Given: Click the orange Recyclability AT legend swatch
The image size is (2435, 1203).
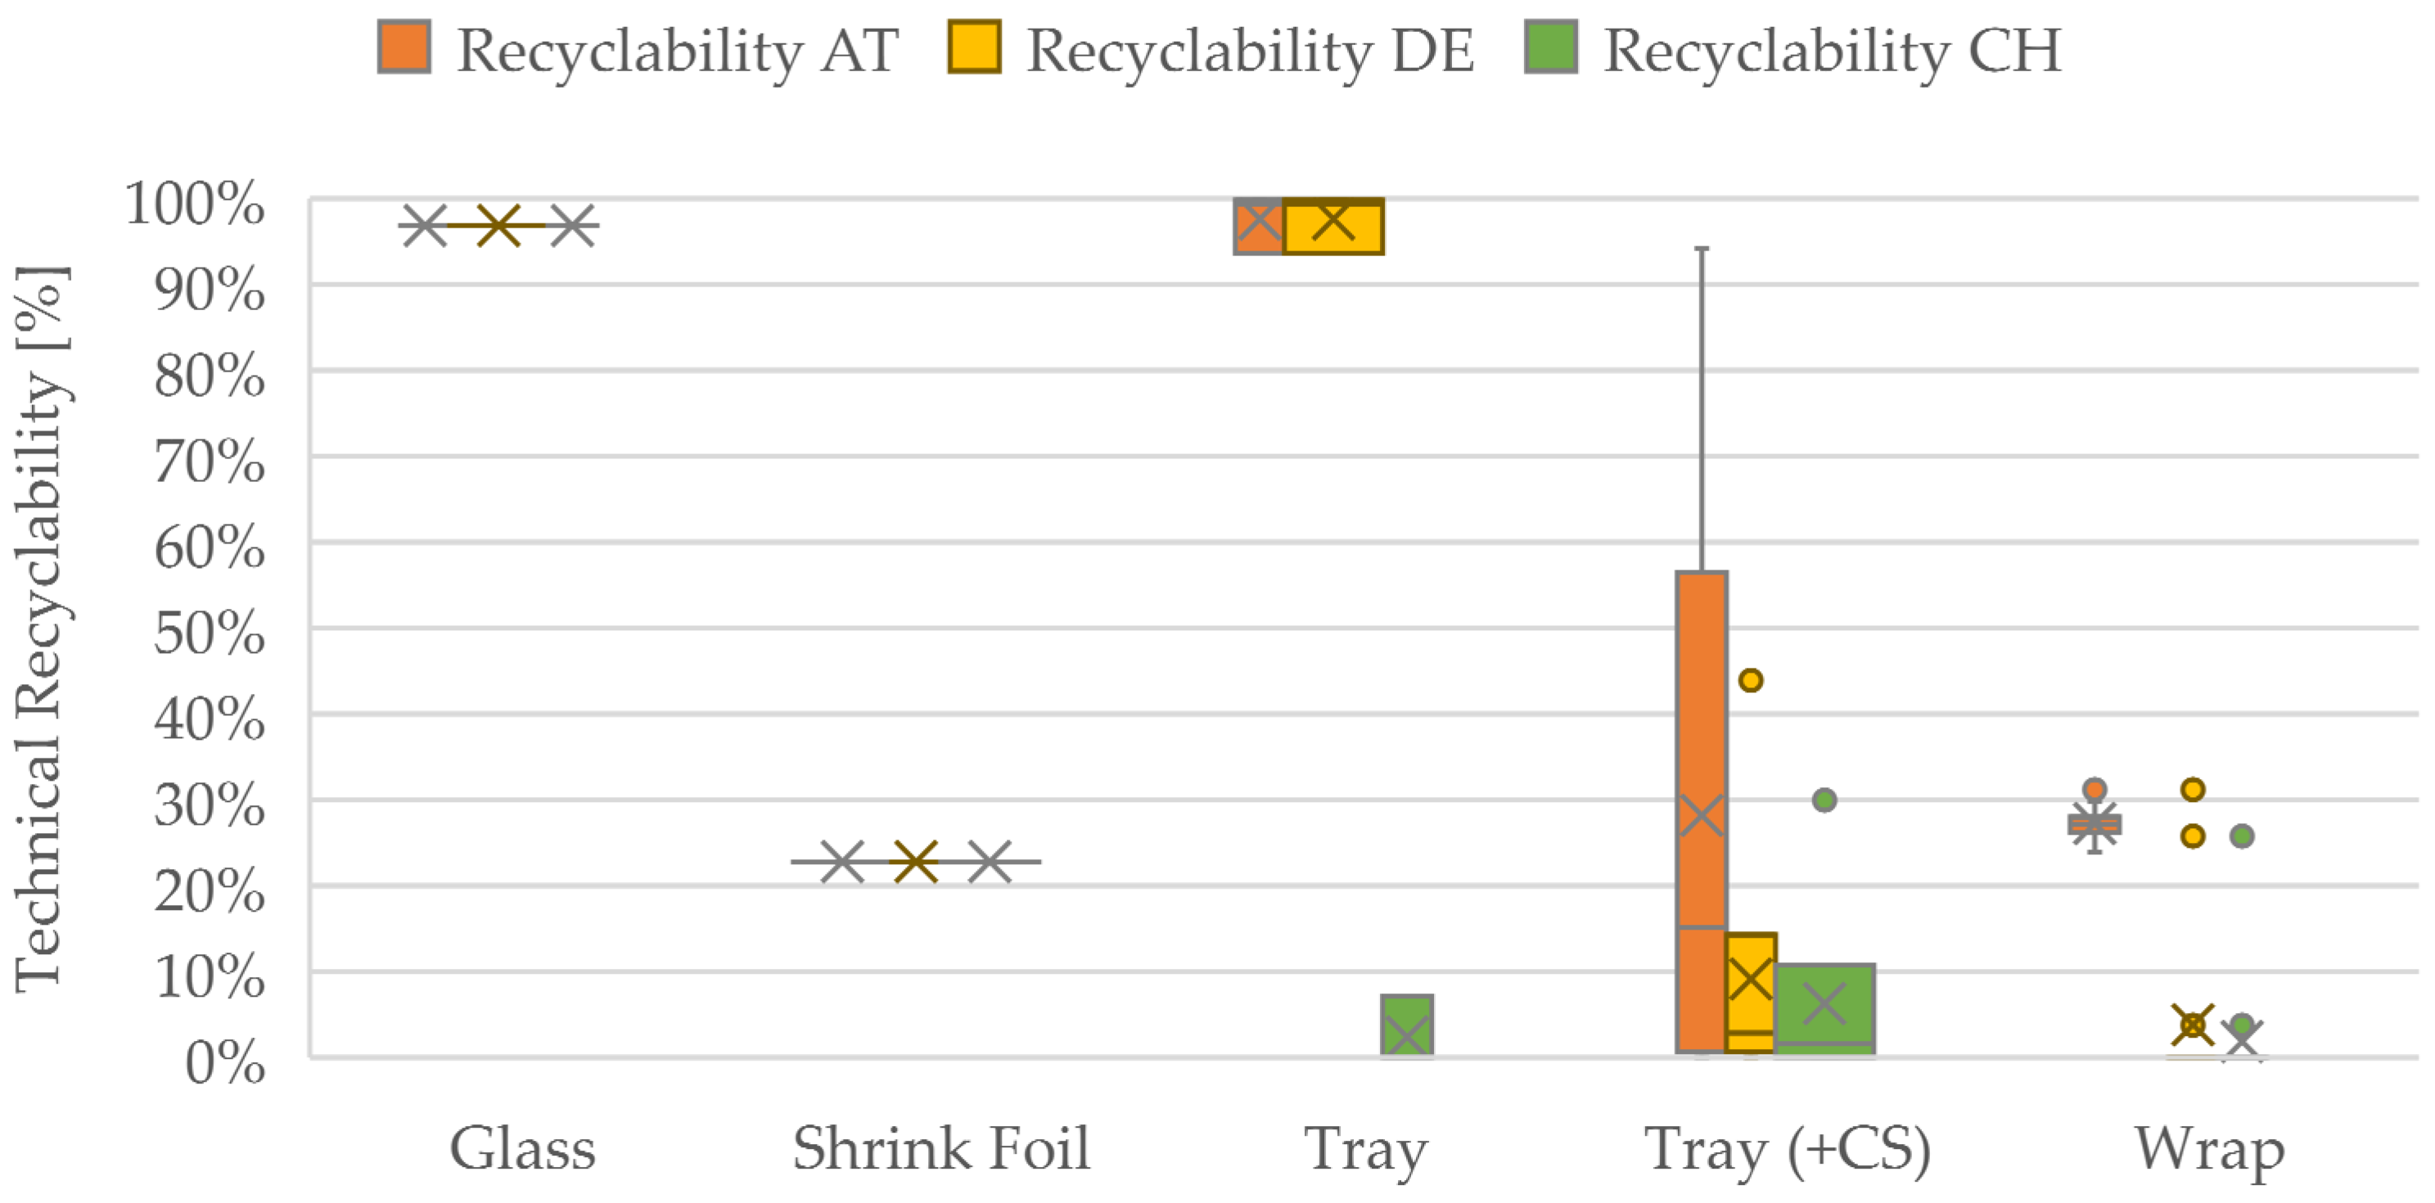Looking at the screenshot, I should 404,47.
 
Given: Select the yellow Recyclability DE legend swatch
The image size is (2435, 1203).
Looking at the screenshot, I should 974,47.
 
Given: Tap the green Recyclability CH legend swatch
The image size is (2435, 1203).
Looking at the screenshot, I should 1550,47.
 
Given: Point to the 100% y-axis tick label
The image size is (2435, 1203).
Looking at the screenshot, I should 195,203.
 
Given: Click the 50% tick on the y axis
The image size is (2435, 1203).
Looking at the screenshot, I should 210,633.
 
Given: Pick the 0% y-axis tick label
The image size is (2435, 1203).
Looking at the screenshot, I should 225,1063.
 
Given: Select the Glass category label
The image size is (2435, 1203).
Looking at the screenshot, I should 522,1148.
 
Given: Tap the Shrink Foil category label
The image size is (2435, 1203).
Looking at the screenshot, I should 940,1148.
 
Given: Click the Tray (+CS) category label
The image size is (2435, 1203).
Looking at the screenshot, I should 1787,1148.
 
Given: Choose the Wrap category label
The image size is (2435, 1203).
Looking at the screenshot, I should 2209,1148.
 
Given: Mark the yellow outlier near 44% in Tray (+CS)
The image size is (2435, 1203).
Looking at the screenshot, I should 1751,680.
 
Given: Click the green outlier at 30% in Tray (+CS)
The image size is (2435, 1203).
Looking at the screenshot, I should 1824,800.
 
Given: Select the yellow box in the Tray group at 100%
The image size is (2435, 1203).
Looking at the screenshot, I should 1332,227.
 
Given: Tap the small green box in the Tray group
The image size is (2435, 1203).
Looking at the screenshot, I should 1406,1025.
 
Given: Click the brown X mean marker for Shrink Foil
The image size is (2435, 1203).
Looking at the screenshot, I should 915,862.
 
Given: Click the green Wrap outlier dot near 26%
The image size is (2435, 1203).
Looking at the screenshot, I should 2242,836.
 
